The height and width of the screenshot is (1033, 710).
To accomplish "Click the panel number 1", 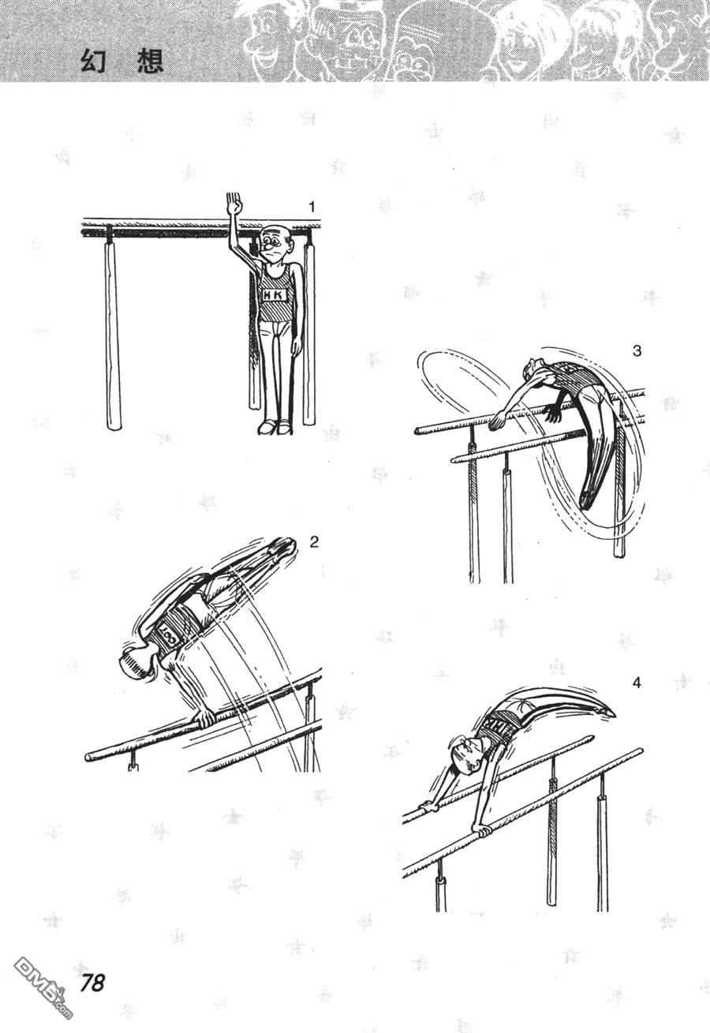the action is point(312,207).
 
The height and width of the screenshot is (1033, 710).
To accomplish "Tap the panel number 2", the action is point(314,542).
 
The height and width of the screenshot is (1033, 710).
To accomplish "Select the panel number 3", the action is point(637,351).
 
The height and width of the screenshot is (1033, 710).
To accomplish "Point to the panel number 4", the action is point(637,683).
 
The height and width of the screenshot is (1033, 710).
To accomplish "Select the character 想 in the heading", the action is point(151,61).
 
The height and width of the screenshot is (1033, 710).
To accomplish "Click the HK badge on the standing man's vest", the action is point(275,294).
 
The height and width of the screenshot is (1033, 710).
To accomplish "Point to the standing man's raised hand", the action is point(234,204).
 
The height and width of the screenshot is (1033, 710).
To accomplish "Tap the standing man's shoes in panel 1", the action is point(275,427).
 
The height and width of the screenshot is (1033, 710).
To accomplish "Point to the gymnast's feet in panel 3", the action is point(586,500).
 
